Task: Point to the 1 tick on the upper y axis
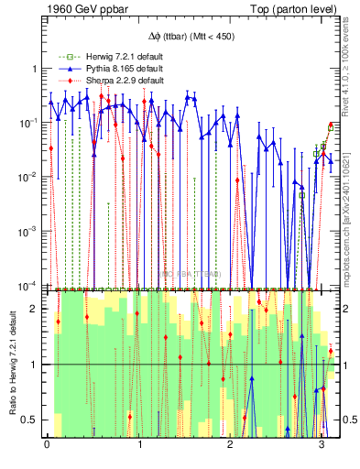tap(36, 69)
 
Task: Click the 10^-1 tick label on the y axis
tap(30, 123)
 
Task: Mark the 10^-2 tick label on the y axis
tap(30, 177)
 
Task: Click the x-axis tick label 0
tap(47, 445)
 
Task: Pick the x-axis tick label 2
tap(229, 445)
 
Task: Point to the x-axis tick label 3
tap(321, 445)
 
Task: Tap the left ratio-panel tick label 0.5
tap(32, 420)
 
